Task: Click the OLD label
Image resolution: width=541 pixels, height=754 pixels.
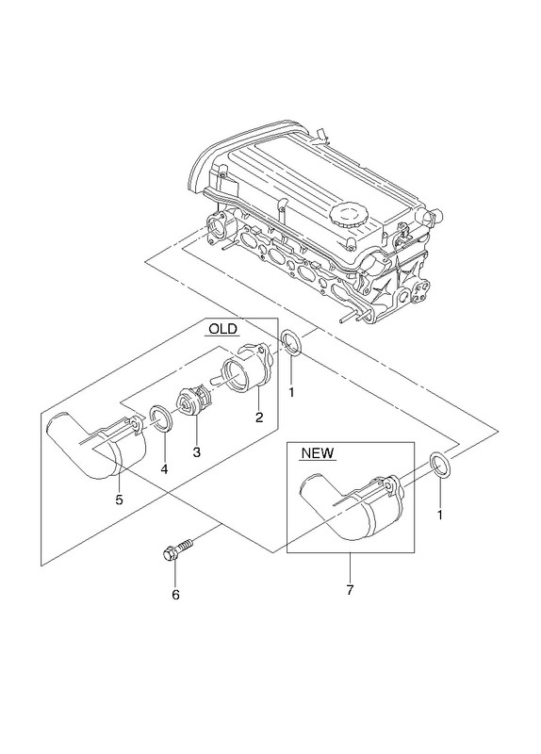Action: [223, 329]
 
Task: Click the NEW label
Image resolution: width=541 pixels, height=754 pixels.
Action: [318, 453]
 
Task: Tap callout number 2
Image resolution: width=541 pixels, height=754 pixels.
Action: [259, 418]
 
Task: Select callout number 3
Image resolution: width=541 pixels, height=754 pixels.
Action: [196, 452]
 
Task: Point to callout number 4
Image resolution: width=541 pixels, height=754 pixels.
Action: [164, 468]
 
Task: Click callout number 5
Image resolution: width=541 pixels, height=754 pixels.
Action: [120, 500]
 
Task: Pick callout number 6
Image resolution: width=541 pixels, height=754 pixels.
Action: [175, 595]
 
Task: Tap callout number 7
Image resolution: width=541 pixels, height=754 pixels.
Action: [350, 590]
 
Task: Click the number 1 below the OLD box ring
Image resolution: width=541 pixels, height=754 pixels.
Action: [291, 392]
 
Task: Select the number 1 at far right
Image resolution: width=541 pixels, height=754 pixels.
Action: [439, 515]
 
